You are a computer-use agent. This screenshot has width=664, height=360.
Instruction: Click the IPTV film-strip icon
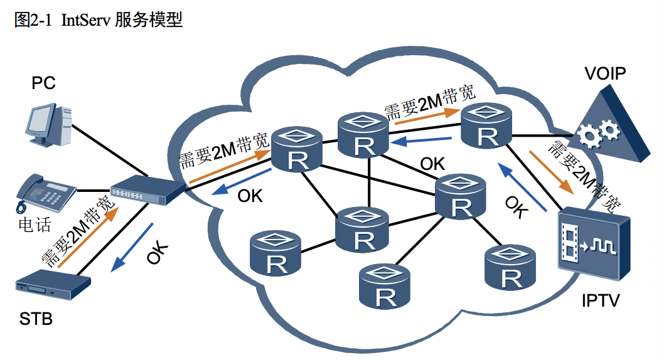592,244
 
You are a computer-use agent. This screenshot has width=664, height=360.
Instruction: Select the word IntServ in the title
86,20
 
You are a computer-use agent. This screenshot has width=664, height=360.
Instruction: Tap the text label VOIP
604,73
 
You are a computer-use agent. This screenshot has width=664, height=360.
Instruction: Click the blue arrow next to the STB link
132,246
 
